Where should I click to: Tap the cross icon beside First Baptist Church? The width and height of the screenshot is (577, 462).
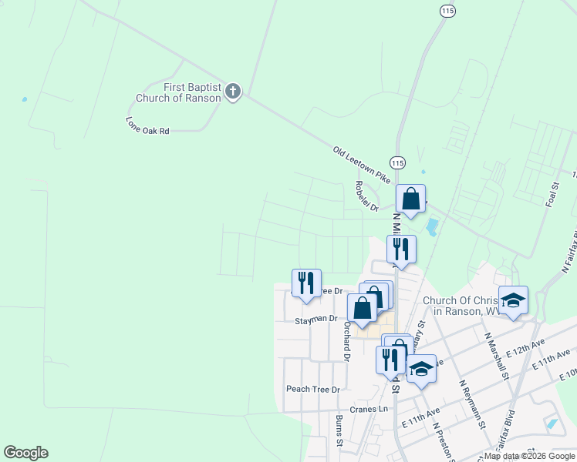click(x=233, y=92)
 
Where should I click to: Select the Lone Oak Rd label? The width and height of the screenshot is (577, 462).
click(x=147, y=127)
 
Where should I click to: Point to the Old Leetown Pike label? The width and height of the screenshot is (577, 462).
click(x=363, y=164)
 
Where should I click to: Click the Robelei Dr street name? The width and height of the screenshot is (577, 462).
click(x=366, y=196)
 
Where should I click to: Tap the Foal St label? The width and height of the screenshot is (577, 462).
click(x=552, y=193)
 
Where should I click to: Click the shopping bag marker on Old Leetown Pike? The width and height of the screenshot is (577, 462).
click(x=411, y=199)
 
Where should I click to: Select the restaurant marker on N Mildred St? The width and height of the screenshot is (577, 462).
click(x=401, y=249)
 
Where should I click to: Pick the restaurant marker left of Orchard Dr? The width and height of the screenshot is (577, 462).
click(x=306, y=283)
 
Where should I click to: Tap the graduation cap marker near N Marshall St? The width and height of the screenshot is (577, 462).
click(x=513, y=300)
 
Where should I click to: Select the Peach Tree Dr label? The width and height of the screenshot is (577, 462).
click(x=312, y=389)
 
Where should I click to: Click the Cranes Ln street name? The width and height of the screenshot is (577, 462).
click(x=368, y=410)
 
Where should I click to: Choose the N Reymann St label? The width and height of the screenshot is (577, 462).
click(x=471, y=403)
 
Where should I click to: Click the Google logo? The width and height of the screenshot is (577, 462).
click(x=25, y=453)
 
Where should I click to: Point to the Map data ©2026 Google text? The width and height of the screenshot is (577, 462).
click(x=529, y=456)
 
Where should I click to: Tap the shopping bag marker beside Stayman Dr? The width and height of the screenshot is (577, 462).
click(x=362, y=308)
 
